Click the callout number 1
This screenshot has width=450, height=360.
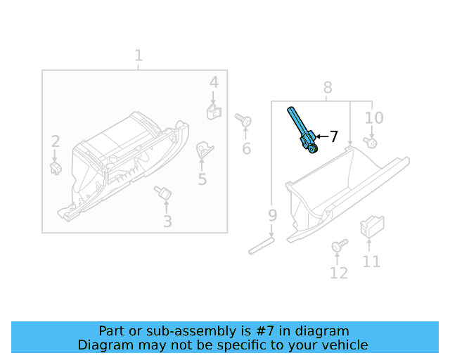[x=139, y=56]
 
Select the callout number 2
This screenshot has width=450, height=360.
[x=55, y=141]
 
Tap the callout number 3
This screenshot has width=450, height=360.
[x=167, y=222]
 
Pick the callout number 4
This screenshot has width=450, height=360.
[x=214, y=83]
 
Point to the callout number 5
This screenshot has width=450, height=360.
[x=202, y=179]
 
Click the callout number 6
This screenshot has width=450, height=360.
[x=246, y=148]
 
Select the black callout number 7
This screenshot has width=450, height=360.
[x=333, y=136]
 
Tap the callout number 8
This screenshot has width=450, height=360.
[x=328, y=88]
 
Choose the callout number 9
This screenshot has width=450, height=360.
[x=273, y=215]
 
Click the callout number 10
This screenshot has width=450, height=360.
[x=374, y=117]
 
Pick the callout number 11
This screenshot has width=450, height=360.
[x=371, y=262]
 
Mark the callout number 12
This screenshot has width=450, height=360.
[x=339, y=273]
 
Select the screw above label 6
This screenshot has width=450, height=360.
[x=244, y=121]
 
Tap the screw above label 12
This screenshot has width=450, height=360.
[x=339, y=246]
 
